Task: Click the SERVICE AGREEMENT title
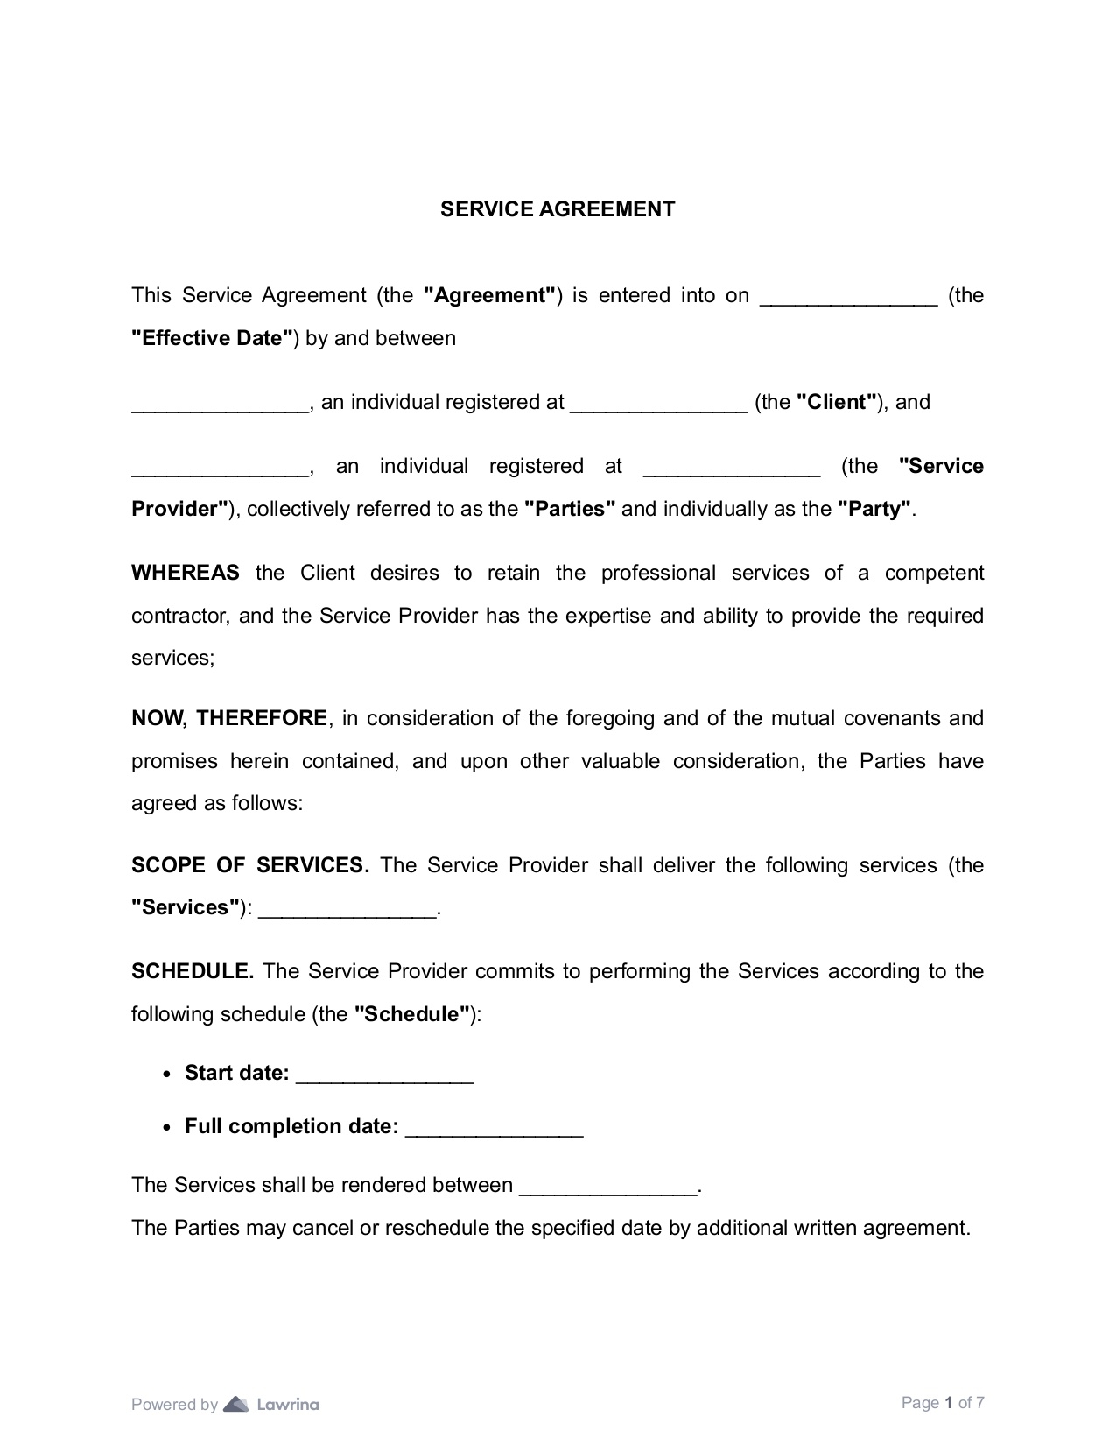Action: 558,209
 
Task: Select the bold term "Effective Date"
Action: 212,339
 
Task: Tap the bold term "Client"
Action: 837,403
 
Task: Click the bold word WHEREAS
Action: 186,574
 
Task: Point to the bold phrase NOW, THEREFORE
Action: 229,719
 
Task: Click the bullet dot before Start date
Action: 167,1075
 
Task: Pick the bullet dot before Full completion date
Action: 167,1128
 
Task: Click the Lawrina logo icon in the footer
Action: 236,1405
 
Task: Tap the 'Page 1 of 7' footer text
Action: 943,1403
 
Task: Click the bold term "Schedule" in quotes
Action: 411,1015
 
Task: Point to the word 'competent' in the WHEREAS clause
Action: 934,574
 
